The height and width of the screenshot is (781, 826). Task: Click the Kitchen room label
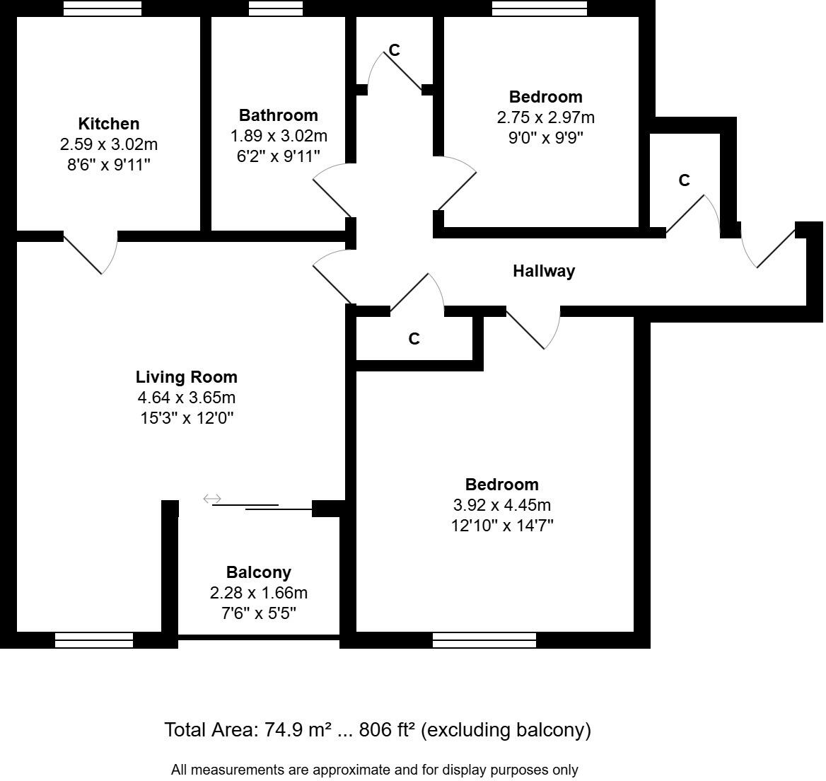[108, 124]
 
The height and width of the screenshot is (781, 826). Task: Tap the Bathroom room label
[278, 115]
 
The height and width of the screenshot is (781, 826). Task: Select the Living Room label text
[186, 377]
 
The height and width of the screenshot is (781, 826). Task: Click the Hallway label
[543, 271]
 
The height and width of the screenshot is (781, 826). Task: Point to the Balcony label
[258, 572]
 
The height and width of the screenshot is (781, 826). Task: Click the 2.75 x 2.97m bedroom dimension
[545, 117]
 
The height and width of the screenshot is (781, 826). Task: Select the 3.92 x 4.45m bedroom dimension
[501, 505]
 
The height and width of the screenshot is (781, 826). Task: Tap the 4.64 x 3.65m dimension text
[186, 398]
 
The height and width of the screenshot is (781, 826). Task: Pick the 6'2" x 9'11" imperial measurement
[278, 156]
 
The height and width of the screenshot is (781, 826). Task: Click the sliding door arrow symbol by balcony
[212, 499]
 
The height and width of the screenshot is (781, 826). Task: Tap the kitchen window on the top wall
[102, 8]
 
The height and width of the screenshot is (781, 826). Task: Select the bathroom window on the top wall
[277, 8]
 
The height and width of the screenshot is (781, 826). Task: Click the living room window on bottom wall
[94, 640]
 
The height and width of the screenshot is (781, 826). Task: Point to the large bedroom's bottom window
[484, 640]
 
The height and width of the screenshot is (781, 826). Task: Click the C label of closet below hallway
[414, 340]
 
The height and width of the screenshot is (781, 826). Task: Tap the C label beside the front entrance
[684, 181]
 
